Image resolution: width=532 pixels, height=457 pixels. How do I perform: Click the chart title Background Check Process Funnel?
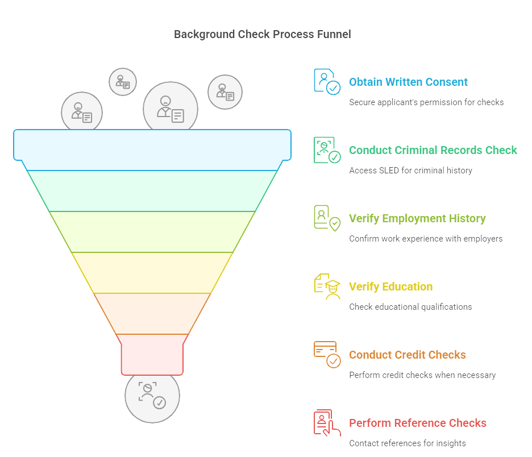[x=262, y=35]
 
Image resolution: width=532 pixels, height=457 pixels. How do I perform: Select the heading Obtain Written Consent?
[x=408, y=82]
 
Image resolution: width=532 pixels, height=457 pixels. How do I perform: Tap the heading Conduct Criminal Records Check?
[x=433, y=150]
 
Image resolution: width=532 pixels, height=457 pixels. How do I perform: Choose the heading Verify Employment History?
[x=417, y=218]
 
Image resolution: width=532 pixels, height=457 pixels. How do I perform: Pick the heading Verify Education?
[x=390, y=286]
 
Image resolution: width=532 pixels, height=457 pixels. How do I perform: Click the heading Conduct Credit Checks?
[x=407, y=355]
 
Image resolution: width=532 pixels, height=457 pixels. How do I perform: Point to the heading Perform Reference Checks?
[x=417, y=423]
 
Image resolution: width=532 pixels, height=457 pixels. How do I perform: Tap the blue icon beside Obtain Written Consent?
[x=327, y=81]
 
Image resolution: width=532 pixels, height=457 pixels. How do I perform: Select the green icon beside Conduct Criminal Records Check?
[x=327, y=150]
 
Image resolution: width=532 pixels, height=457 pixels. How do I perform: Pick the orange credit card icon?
[x=327, y=354]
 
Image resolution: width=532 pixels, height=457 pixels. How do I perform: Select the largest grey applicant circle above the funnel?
[x=170, y=109]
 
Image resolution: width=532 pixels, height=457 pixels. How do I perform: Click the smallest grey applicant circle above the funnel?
[x=123, y=81]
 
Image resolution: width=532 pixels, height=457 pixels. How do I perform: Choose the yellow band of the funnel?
[x=152, y=272]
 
